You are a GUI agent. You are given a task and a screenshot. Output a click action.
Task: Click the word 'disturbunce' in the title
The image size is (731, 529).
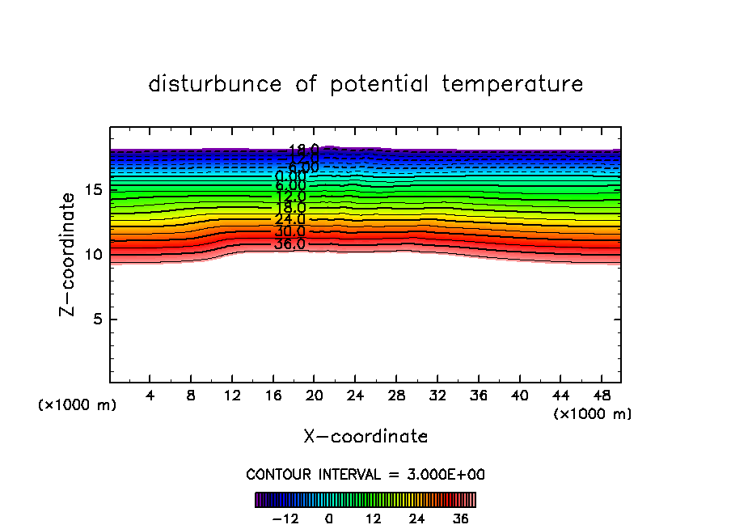pos(215,84)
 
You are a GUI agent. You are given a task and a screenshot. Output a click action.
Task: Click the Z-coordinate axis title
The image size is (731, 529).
pos(70,255)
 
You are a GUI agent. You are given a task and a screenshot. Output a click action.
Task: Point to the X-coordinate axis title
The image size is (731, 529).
pos(365,437)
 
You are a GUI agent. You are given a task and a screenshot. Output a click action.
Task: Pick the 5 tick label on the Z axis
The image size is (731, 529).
pos(95,320)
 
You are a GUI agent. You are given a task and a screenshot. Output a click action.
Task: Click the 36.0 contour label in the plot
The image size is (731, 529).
pos(289,243)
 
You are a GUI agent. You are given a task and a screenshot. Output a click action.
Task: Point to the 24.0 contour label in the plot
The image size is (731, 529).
pos(289,219)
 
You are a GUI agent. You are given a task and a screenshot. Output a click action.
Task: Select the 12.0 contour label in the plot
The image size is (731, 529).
pos(290,197)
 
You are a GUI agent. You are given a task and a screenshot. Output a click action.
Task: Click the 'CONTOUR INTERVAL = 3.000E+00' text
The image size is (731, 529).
pos(365,474)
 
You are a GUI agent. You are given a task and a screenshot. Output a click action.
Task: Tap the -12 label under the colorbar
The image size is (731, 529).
pos(286,518)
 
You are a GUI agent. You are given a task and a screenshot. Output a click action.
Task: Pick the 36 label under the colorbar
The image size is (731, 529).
pos(459,518)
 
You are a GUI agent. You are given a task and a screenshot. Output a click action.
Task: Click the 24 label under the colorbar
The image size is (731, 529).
pos(416,518)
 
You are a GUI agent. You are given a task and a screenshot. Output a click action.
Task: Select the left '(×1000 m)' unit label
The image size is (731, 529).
pos(77,405)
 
